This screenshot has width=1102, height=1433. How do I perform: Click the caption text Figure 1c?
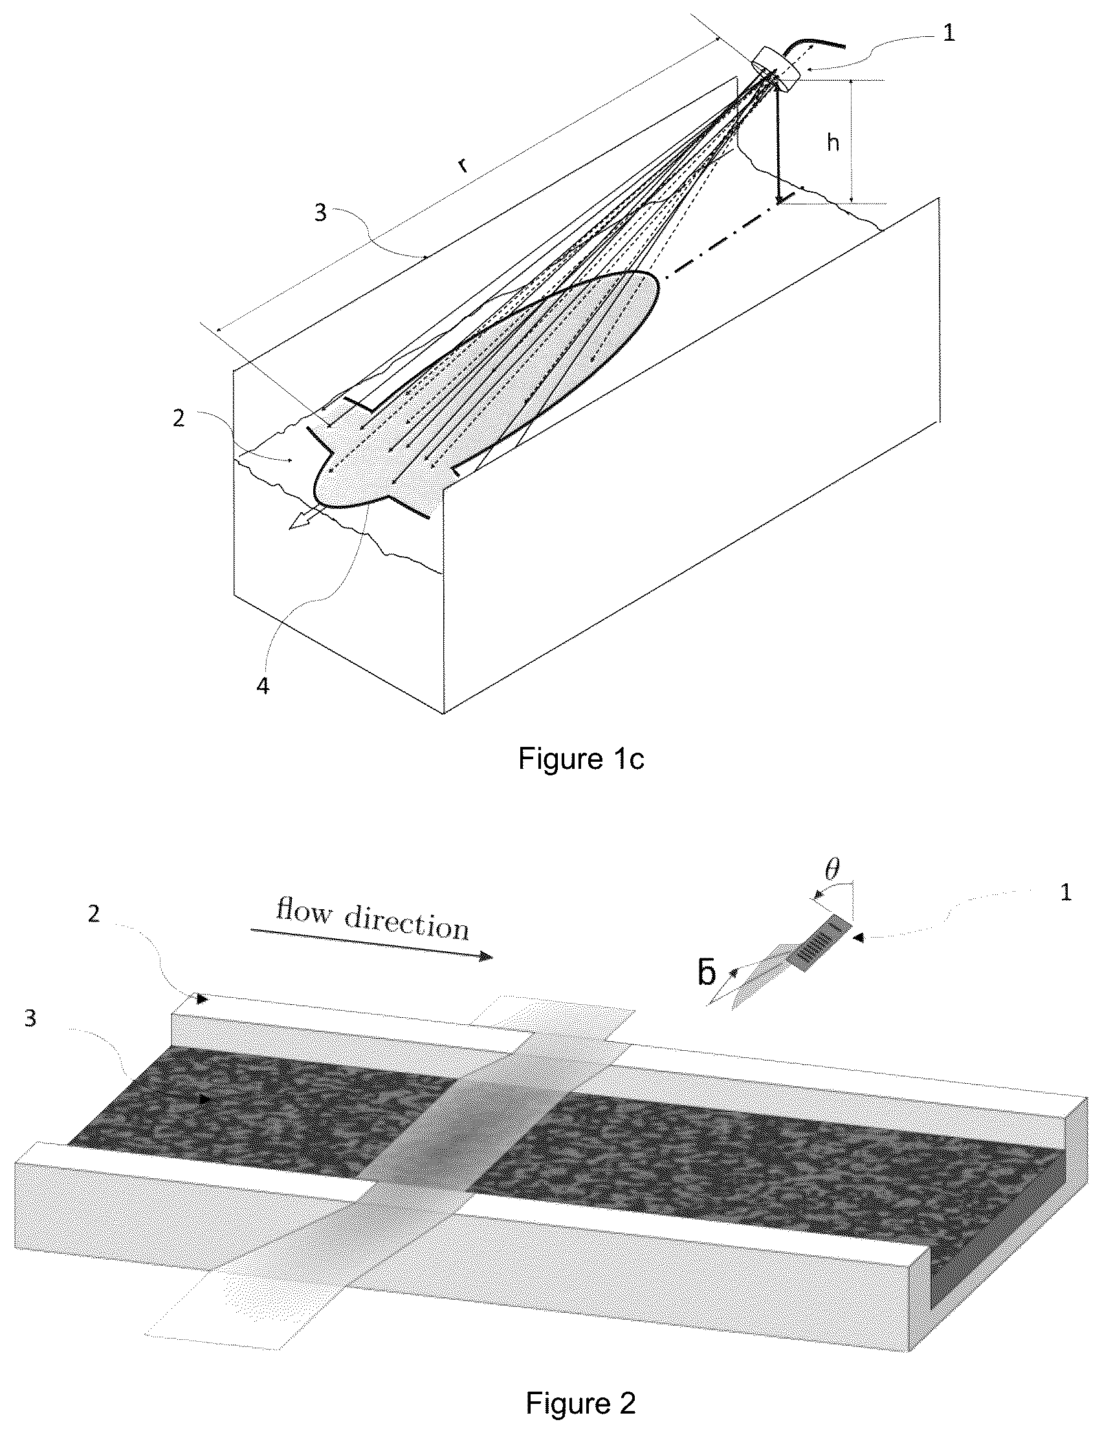point(581,759)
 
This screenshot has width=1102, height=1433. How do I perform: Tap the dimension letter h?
point(833,142)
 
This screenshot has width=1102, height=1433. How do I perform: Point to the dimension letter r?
point(464,165)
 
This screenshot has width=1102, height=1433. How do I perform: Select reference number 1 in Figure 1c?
point(949,33)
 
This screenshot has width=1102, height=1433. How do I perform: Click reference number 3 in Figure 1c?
point(320,213)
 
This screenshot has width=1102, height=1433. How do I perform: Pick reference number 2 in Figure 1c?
point(179,418)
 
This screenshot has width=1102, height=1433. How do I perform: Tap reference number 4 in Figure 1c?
point(263,686)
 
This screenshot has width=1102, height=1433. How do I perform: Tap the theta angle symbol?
point(832,870)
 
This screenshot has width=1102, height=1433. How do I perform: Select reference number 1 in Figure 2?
point(1066,892)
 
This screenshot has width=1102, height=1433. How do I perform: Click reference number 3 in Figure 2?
point(30,1018)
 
